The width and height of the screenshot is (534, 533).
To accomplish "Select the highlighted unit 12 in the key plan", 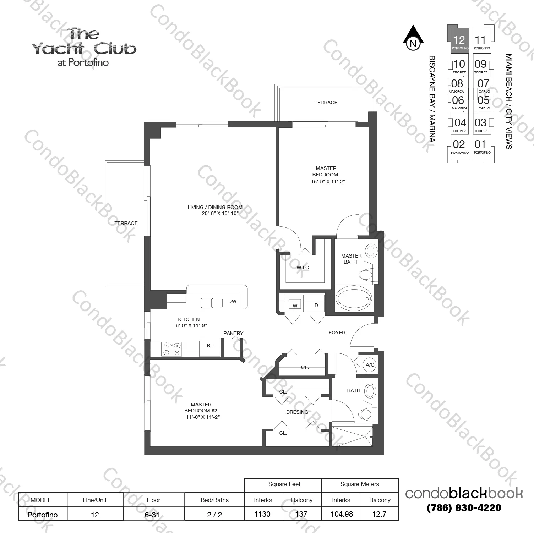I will point(459,41).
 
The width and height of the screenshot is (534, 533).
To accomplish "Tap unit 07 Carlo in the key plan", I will point(483,85).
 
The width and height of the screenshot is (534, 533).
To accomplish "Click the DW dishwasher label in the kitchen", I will point(232,301).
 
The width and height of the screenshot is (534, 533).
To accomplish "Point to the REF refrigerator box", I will point(211,345).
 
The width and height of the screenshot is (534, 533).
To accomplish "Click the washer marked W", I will point(295,305).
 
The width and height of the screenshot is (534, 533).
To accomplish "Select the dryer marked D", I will point(316,305).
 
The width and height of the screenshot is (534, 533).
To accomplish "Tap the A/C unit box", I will point(370,365).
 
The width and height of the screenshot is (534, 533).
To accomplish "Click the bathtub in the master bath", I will point(354,298).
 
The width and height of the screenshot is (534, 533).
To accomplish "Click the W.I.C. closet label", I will point(303,268).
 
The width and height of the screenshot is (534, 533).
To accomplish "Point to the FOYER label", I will point(337,333).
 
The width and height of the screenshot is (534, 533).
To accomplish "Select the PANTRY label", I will point(233,333).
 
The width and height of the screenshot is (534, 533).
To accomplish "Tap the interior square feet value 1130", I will point(262,514).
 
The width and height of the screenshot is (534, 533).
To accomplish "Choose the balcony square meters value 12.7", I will point(379,514).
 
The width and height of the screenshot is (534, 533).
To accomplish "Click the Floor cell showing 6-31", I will point(153,515).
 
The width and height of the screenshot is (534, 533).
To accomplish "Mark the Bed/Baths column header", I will point(214,500).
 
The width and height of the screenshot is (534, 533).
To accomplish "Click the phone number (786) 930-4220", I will point(464,508).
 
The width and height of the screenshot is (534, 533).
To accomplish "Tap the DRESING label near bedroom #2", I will point(297,412).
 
